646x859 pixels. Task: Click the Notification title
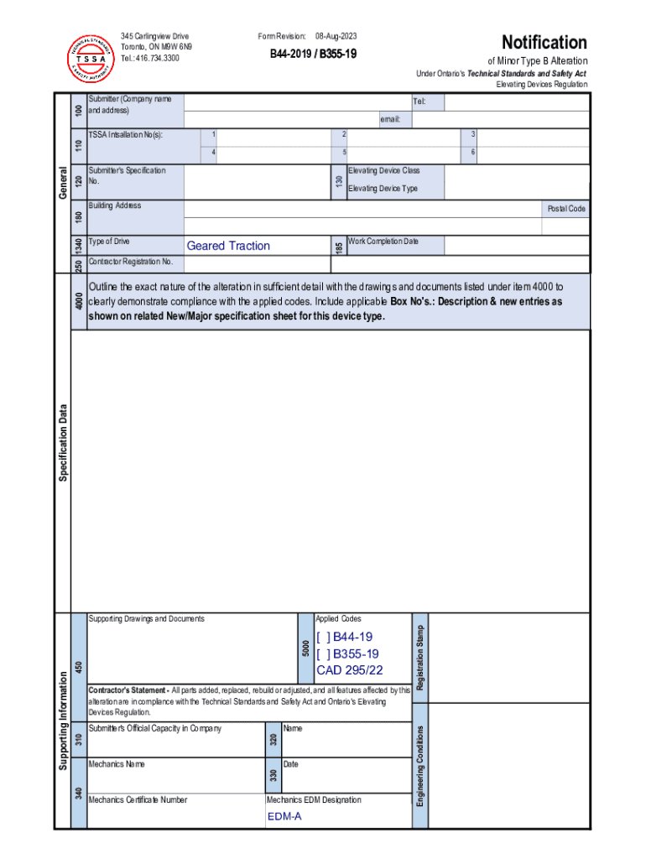(544, 42)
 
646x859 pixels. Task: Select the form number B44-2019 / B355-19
(312, 53)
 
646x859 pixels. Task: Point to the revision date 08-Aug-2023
(336, 36)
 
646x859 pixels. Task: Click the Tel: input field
(515, 102)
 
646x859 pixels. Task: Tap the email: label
(390, 120)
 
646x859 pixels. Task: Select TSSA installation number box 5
(396, 153)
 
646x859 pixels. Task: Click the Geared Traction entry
(228, 246)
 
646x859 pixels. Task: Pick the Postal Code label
(566, 208)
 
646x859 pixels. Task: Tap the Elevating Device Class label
(383, 170)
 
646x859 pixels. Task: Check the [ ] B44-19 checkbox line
(344, 638)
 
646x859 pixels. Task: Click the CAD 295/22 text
(349, 670)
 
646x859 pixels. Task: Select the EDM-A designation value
(284, 816)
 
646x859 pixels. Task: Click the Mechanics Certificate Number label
(138, 799)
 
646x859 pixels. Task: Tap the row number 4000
(79, 300)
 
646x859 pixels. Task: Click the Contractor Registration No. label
(130, 262)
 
